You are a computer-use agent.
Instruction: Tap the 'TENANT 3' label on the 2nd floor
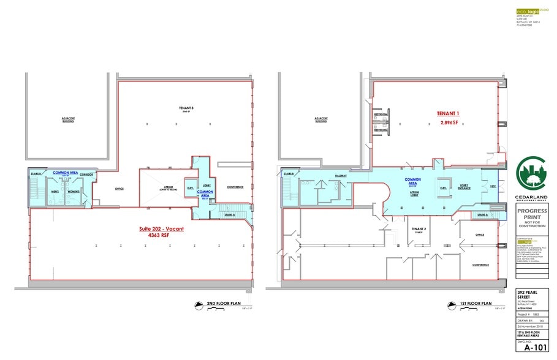178,107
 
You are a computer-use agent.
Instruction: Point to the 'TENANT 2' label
418,228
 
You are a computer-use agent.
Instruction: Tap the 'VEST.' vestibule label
492,187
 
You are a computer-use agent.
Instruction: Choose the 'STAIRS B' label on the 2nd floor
35,174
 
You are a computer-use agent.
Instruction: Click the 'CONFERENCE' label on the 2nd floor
235,187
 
